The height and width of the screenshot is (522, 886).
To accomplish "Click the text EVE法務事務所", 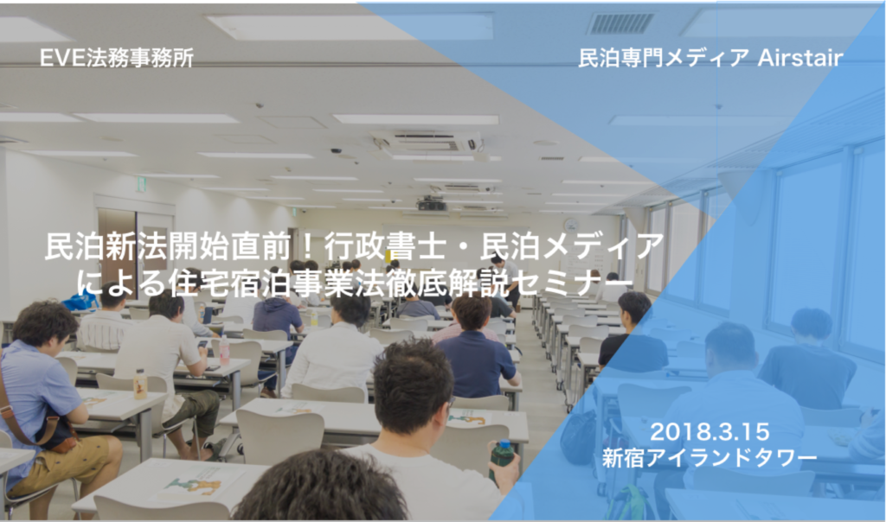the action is pyautogui.click(x=117, y=58).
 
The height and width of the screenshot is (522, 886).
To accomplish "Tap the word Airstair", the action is pyautogui.click(x=800, y=58).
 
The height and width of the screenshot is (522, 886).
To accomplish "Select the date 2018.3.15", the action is pyautogui.click(x=709, y=432).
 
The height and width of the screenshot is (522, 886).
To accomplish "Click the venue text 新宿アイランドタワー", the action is pyautogui.click(x=709, y=457).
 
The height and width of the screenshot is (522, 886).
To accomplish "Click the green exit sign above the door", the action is pyautogui.click(x=141, y=185).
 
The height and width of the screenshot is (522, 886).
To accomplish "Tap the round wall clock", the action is pyautogui.click(x=571, y=224).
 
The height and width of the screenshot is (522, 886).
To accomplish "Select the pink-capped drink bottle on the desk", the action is pyautogui.click(x=224, y=350).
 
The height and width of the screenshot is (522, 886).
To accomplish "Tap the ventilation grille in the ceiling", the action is pyautogui.click(x=620, y=23).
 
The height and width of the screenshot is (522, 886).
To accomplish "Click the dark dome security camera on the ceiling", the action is pyautogui.click(x=336, y=151).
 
